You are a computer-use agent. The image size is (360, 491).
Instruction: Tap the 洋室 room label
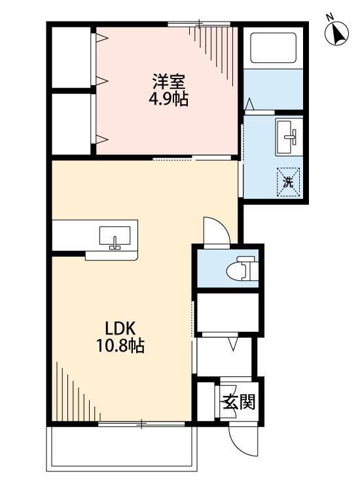point(170,83)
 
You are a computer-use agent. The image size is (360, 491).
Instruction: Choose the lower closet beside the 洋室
point(71,124)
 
